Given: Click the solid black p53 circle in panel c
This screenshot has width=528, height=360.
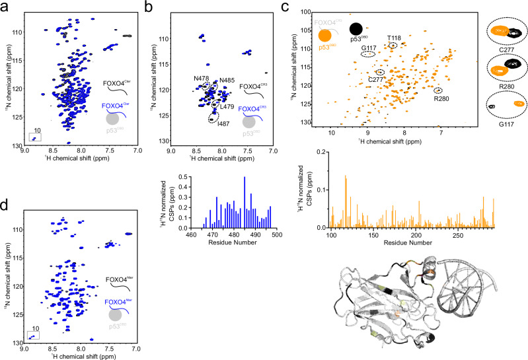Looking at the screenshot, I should pyautogui.click(x=356, y=28).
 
